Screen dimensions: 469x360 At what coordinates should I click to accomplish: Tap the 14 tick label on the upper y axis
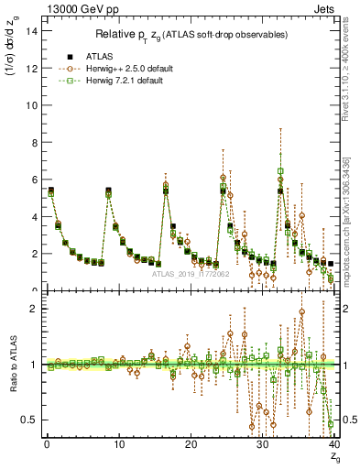coord(32,30)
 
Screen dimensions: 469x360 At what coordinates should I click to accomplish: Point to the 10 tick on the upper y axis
coord(32,104)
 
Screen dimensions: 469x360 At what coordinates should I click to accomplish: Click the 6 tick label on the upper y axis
coord(35,180)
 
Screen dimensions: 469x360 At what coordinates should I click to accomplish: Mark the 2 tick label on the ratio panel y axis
coord(35,309)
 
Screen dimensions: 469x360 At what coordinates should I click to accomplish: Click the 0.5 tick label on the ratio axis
coord(30,420)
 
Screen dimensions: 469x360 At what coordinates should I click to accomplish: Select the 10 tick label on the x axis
coord(118,444)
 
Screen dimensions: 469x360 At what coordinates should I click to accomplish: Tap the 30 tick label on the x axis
coord(262,444)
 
